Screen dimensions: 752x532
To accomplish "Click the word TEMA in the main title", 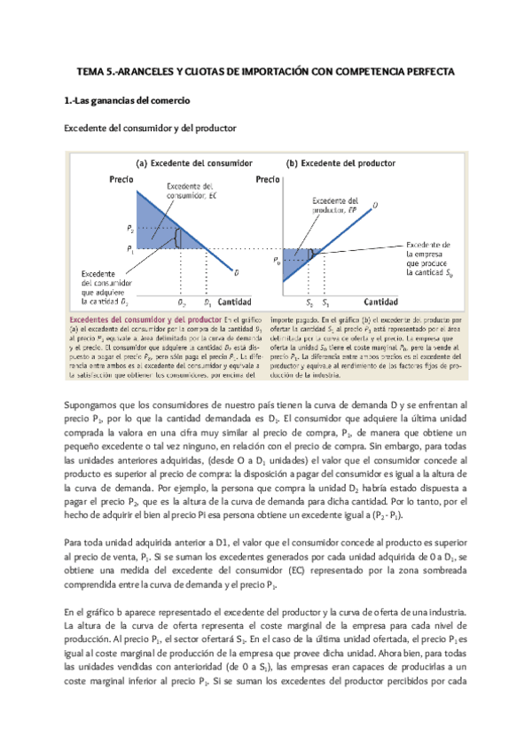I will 87,69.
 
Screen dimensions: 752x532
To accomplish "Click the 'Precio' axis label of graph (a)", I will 121,179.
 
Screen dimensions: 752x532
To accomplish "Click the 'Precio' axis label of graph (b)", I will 268,179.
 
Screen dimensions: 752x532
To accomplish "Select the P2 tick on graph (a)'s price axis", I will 131,228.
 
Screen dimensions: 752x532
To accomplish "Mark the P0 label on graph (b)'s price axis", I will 278,262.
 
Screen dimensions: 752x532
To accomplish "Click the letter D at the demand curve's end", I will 235,271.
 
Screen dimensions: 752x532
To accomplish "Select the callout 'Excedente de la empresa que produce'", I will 429,258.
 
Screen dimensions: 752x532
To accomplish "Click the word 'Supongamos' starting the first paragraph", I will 87,404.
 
